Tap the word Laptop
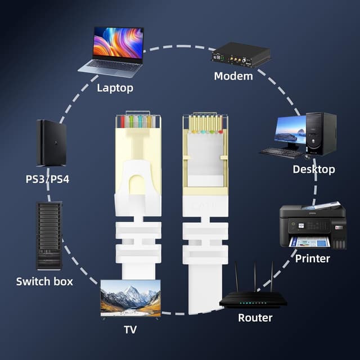[x=115, y=88]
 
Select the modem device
[x=241, y=55]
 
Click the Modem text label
[x=233, y=76]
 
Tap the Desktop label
[x=314, y=169]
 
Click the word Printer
[x=313, y=259]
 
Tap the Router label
[x=255, y=318]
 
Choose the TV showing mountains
[x=130, y=298]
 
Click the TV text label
[x=130, y=330]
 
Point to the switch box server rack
[x=49, y=235]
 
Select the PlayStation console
[x=51, y=143]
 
